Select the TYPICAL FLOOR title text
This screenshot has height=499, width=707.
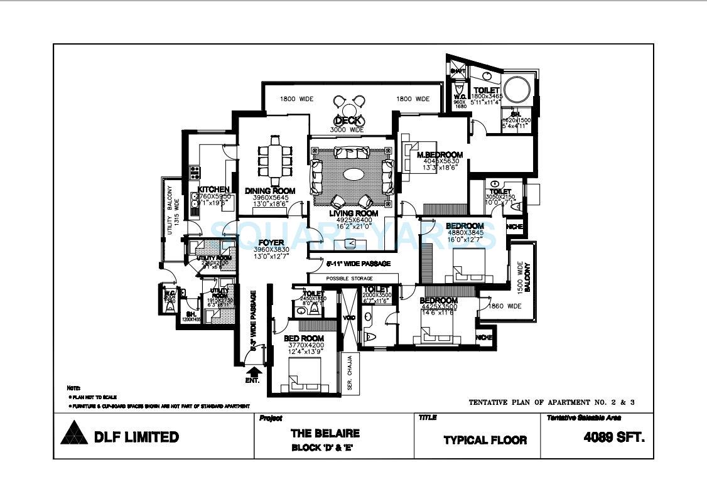click(485, 440)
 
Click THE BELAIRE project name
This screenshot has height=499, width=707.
click(325, 433)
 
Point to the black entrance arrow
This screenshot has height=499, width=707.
click(253, 372)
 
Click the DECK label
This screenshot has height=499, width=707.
click(347, 120)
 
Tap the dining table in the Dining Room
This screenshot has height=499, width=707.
click(274, 157)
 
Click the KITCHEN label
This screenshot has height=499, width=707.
click(213, 190)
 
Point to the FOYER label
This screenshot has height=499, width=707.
click(271, 242)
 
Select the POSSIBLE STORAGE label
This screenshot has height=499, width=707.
click(349, 278)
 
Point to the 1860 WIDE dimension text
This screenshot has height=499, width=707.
click(505, 306)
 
